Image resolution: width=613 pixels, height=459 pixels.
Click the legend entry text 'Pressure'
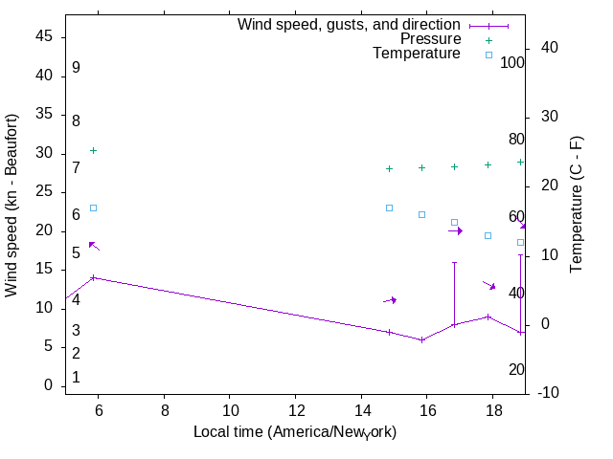point(430,39)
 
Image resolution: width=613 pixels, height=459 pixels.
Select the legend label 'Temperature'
point(417,54)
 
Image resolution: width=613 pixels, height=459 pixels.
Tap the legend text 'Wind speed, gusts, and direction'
point(349,25)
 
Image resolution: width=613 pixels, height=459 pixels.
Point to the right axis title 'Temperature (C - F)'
point(577,205)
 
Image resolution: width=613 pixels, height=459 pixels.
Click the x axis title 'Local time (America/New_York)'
point(295,432)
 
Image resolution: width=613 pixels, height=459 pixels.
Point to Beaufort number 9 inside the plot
point(76,68)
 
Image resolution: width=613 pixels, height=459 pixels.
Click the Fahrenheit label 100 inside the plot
point(512,62)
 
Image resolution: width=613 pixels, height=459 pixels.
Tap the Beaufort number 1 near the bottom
point(76,378)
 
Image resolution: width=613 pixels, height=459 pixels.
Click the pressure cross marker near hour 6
point(93,150)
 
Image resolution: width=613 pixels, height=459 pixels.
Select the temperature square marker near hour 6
point(93,208)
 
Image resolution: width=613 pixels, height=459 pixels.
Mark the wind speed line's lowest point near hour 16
point(421,339)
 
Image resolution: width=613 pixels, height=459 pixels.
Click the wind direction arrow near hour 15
point(390,300)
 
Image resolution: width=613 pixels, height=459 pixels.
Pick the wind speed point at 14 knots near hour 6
point(93,277)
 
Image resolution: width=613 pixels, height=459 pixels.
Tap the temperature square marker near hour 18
point(488,235)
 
